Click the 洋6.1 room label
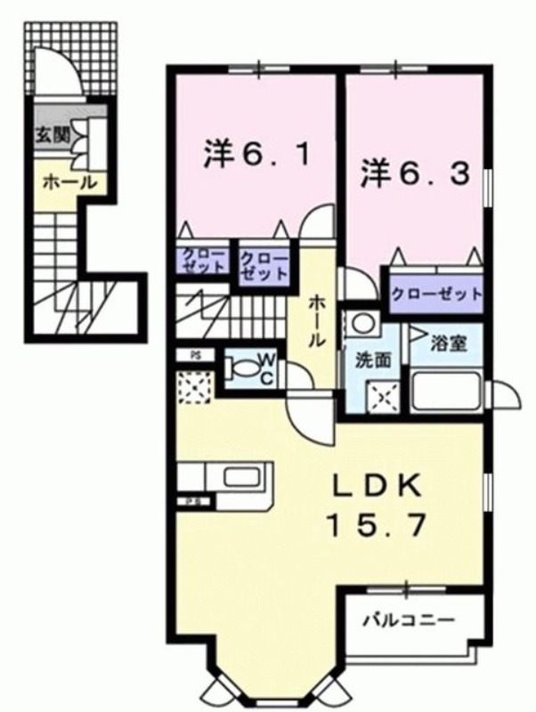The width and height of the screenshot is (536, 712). [257, 154]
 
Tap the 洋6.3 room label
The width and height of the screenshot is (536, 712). [415, 174]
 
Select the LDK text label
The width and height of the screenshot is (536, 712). [377, 488]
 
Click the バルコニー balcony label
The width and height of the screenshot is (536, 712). [410, 619]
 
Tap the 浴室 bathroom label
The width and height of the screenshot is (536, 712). [449, 344]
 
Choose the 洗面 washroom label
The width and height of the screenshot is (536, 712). [373, 360]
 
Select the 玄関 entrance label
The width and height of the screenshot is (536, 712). [53, 134]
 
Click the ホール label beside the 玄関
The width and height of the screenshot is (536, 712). [70, 182]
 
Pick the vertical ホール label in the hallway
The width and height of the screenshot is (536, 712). [317, 321]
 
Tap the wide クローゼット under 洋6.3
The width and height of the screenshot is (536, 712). [436, 294]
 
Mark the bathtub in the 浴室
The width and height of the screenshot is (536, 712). [446, 390]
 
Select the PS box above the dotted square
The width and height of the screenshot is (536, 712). [195, 355]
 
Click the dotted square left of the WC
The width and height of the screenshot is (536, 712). [195, 387]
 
